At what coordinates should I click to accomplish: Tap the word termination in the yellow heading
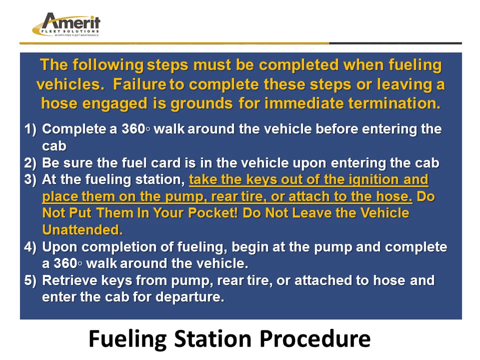(x=395, y=103)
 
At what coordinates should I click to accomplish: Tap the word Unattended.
(x=82, y=230)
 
